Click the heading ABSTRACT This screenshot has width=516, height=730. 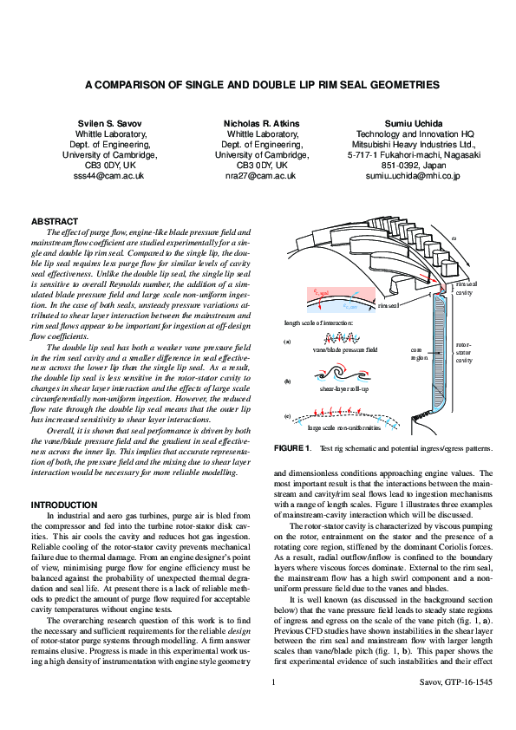tap(55, 222)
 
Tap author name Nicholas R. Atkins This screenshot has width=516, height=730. tap(262, 124)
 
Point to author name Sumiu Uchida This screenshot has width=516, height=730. tap(413, 124)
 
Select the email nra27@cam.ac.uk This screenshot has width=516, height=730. tap(261, 175)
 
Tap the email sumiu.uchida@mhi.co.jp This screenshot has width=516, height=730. tap(413, 175)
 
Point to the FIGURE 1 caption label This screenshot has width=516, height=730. tap(292, 447)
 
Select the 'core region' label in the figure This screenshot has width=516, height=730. tap(418, 353)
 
